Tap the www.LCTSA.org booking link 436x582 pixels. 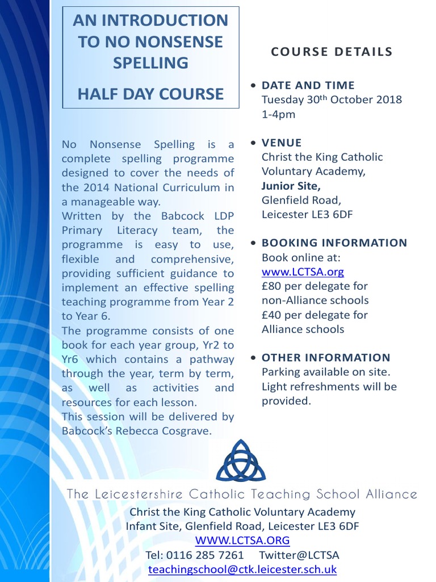pyautogui.click(x=303, y=272)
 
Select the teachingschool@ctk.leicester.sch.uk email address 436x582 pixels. pyautogui.click(x=242, y=569)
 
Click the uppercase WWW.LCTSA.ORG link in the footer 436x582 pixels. pyautogui.click(x=242, y=540)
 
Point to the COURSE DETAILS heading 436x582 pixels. pyautogui.click(x=332, y=52)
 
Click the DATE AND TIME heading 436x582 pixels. pyautogui.click(x=308, y=85)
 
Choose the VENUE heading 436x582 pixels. pyautogui.click(x=282, y=143)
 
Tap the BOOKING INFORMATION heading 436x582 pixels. pyautogui.click(x=334, y=243)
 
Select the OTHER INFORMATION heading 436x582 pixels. pyautogui.click(x=326, y=357)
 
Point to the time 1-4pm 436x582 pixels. pyautogui.click(x=278, y=114)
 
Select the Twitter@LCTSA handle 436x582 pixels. pyautogui.click(x=299, y=555)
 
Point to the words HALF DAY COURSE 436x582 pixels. pyautogui.click(x=150, y=94)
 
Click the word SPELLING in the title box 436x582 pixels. pyautogui.click(x=150, y=63)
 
